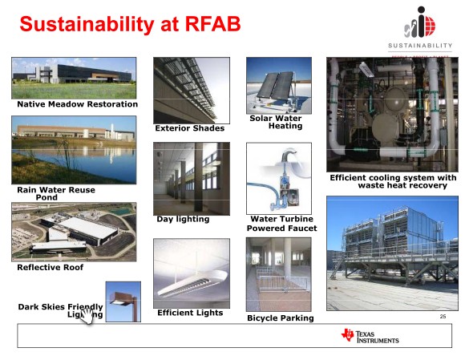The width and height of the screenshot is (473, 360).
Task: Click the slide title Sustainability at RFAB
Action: point(129,24)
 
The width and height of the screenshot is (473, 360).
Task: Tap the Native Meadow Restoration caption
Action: point(77,104)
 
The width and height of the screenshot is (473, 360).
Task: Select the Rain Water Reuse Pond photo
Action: point(74,150)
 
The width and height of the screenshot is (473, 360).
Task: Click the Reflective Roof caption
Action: point(50,268)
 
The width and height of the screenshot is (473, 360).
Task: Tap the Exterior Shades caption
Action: point(189,128)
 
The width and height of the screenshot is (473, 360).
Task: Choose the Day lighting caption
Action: point(183,219)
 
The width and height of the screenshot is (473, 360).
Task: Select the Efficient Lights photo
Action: point(191,273)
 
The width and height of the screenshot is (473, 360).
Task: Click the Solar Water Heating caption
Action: point(276,122)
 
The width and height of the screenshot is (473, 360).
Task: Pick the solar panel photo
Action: point(278,85)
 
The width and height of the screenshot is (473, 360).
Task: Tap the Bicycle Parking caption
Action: point(280,318)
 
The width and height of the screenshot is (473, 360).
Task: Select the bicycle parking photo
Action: point(278,274)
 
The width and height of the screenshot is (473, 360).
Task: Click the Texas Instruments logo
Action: point(370,335)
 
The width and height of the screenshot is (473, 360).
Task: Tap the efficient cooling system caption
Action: point(393,181)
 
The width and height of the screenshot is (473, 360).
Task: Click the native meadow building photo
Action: point(74,78)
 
